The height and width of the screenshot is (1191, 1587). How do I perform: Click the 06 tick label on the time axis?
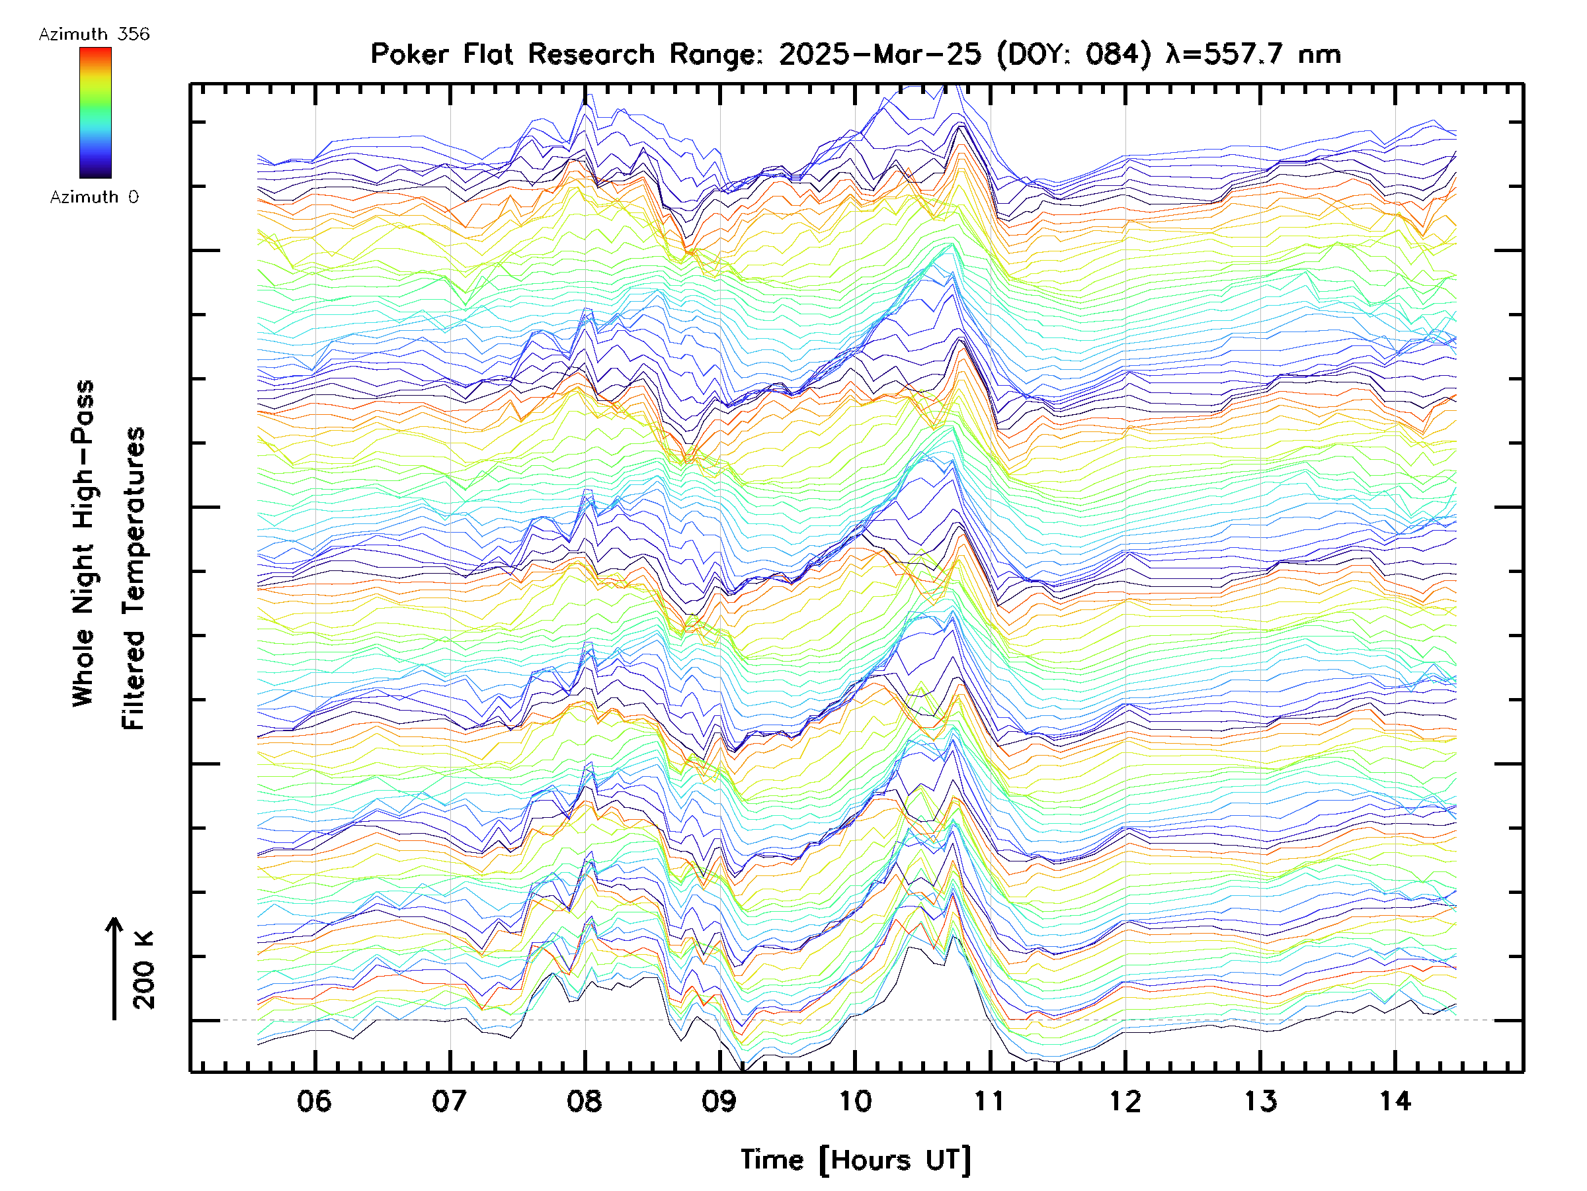point(314,1101)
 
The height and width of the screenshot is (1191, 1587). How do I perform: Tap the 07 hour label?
point(450,1101)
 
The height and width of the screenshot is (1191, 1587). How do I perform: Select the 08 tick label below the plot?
point(585,1101)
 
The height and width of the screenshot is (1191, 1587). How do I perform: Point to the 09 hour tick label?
point(719,1101)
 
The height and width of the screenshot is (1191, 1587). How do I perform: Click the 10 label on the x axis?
point(855,1101)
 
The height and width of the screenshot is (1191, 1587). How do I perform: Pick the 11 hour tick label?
point(990,1101)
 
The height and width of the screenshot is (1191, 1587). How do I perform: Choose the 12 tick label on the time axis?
point(1125,1101)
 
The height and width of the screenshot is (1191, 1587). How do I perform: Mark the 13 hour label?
point(1260,1101)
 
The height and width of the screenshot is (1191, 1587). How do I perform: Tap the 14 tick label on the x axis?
point(1395,1101)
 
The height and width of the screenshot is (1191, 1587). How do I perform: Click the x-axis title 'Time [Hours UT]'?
point(855,1160)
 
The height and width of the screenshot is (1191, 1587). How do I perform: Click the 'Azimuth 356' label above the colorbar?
point(94,34)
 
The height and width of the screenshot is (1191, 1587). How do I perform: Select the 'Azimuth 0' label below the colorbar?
point(94,197)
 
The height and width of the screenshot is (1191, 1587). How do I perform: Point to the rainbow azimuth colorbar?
point(95,112)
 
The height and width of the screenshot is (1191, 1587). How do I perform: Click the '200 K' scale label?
point(144,970)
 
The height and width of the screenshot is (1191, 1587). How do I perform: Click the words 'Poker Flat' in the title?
point(441,54)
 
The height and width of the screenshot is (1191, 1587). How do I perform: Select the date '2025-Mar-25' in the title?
point(879,54)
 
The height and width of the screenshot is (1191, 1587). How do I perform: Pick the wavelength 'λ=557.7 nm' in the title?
point(1253,54)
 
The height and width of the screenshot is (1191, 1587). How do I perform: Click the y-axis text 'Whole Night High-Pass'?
point(83,543)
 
